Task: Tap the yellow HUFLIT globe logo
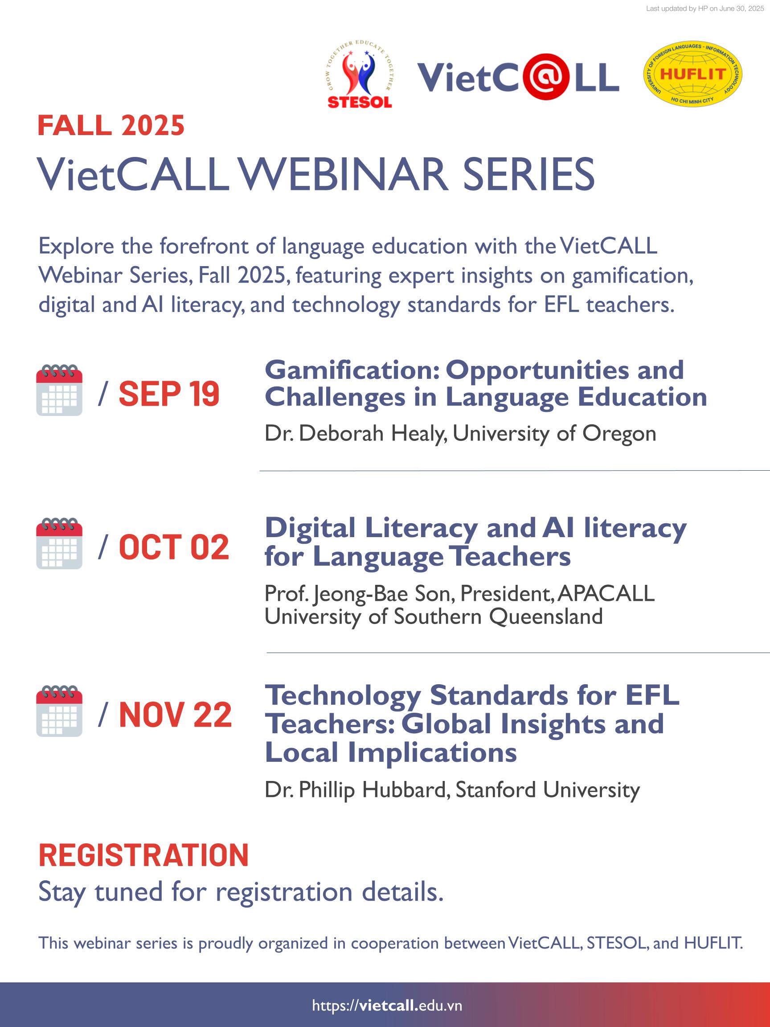tap(692, 74)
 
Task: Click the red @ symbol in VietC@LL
tap(546, 77)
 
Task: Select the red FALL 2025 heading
tap(111, 125)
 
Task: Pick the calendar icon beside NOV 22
tap(59, 711)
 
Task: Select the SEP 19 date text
tap(169, 394)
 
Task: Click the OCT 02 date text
tap(174, 547)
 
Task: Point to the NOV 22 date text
tap(175, 715)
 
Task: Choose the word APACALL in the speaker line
tap(606, 593)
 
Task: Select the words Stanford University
tap(548, 790)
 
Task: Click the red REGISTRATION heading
tap(143, 855)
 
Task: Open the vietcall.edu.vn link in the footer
tap(387, 1006)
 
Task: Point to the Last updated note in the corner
tap(704, 9)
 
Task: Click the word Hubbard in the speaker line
tap(404, 790)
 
